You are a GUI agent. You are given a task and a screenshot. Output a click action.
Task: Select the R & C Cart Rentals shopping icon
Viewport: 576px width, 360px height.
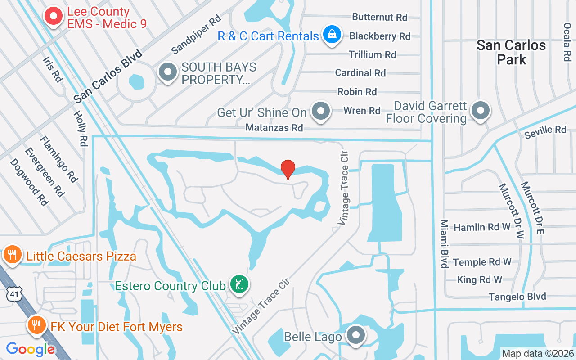tap(332, 35)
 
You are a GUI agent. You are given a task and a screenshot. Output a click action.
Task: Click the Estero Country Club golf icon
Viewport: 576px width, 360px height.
tap(239, 284)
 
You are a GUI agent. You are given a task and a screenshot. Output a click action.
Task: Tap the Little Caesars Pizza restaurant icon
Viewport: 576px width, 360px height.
tap(12, 255)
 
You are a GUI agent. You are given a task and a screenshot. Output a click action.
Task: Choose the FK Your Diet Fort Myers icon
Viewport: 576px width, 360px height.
tap(36, 325)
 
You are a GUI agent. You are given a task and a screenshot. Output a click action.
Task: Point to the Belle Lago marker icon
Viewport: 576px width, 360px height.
tap(356, 335)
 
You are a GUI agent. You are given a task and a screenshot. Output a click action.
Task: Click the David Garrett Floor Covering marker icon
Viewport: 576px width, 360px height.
tap(480, 110)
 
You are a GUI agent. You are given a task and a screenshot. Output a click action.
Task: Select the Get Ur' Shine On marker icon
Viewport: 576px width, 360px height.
tap(320, 111)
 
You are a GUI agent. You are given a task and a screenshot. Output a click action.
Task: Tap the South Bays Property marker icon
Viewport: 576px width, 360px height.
tap(168, 72)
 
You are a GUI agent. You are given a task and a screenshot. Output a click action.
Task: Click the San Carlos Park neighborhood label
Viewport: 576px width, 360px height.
tap(511, 52)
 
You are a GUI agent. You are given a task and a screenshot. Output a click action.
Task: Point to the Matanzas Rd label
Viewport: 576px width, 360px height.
tap(274, 128)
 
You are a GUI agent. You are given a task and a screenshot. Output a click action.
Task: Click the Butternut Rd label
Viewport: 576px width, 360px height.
tap(379, 17)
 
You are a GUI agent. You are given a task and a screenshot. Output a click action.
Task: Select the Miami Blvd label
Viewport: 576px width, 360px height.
tap(444, 243)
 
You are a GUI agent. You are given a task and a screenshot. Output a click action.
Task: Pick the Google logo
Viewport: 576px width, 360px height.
tap(31, 349)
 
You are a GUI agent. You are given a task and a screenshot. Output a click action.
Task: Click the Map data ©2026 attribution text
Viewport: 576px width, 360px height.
tap(538, 354)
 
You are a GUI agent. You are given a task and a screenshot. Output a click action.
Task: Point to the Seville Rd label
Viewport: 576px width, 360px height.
tap(545, 130)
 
